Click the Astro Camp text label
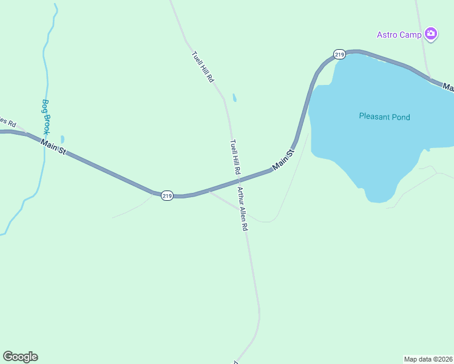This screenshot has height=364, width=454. point(399,35)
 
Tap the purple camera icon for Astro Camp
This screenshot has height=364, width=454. point(431,34)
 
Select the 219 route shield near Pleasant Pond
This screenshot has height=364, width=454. point(339,55)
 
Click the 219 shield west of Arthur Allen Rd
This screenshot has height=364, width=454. point(168,195)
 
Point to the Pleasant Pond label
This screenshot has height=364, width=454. point(384,116)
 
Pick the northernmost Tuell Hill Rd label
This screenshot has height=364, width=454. point(203,66)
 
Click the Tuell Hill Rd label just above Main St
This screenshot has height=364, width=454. point(235,158)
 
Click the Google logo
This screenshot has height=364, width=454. point(20,357)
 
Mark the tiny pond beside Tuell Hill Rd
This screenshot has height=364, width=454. point(234,98)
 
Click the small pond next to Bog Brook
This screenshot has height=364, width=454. point(63,139)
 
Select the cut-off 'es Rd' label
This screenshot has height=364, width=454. point(7,121)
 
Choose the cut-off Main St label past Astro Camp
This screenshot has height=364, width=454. point(449,87)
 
